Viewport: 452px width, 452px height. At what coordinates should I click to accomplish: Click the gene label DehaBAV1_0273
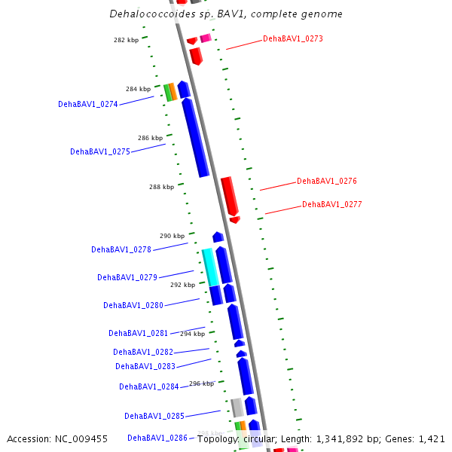pos(293,38)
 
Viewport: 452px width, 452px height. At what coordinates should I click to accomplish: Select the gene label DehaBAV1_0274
pos(88,105)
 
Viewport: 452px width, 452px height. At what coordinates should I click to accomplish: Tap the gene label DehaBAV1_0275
pos(100,151)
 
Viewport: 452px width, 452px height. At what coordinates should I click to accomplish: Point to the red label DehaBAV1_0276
pos(327,181)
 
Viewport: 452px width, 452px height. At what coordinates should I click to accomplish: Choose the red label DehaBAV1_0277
pos(332,204)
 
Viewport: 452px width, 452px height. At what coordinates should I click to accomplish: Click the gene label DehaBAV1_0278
pos(121,249)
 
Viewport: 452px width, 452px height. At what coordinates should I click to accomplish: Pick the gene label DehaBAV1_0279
pos(127,277)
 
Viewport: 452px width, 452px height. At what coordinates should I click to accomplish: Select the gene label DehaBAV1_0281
pos(139,333)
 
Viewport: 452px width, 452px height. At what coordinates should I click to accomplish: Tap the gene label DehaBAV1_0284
pos(149,386)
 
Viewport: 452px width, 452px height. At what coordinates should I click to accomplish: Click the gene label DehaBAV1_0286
pos(157,438)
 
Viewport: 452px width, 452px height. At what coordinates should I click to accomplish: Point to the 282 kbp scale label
pos(127,40)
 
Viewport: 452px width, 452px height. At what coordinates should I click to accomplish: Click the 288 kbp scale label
pos(161,187)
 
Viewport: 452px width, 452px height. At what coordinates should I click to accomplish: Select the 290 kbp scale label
pos(172,236)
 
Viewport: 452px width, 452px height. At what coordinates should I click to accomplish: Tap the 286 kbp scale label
pos(150,138)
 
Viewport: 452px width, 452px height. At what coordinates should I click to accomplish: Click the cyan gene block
pos(209,267)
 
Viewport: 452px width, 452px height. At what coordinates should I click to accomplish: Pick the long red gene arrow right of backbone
pos(229,195)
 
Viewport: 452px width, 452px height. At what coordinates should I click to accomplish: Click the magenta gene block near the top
pos(205,38)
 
